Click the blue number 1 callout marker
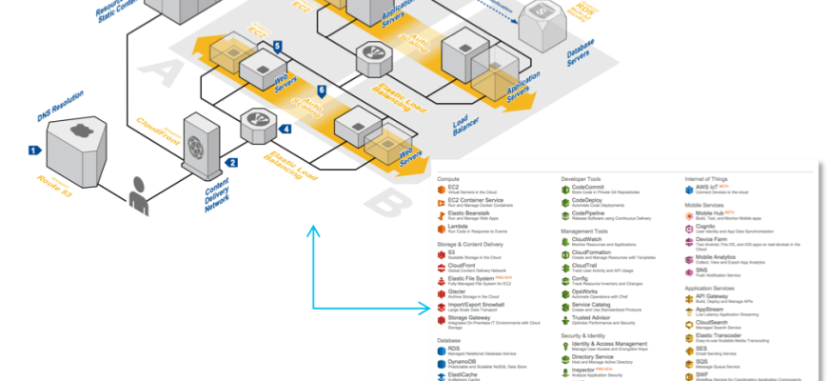tap(34, 150)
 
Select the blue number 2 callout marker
tap(231, 163)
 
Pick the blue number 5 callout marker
tap(277, 46)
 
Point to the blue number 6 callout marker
tap(322, 90)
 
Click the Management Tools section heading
tap(591, 231)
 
